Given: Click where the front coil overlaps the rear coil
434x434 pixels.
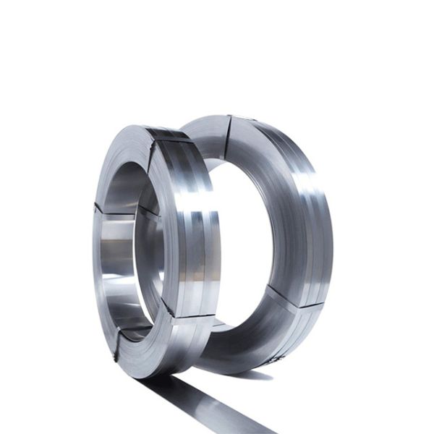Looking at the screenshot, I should [x=206, y=166].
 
